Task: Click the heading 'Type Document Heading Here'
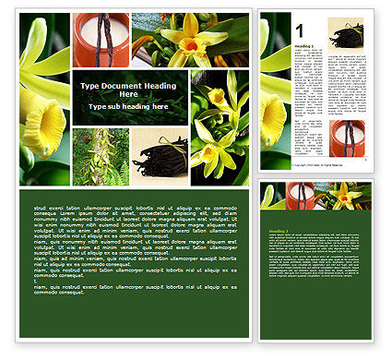pyautogui.click(x=128, y=90)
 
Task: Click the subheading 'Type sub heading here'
pyautogui.click(x=128, y=106)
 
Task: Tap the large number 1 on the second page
pyautogui.click(x=300, y=30)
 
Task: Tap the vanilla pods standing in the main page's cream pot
pyautogui.click(x=103, y=37)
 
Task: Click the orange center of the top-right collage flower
pyautogui.click(x=190, y=42)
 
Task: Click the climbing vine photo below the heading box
pyautogui.click(x=101, y=156)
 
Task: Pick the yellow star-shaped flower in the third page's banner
pyautogui.click(x=346, y=195)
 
